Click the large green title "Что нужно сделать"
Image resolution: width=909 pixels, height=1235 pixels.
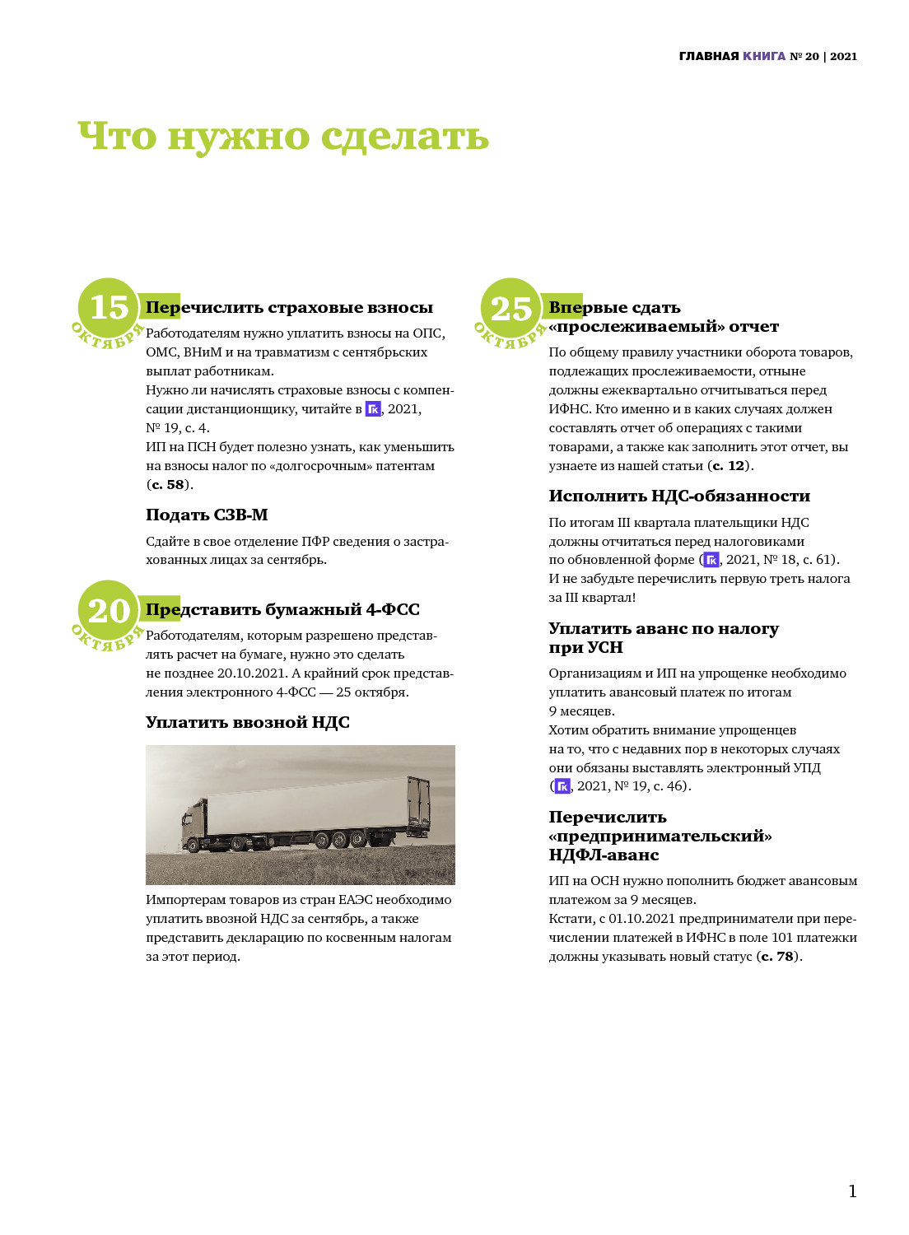point(283,137)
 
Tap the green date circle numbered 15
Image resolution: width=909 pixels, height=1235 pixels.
point(109,309)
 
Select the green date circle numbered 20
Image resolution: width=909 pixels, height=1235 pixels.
point(109,611)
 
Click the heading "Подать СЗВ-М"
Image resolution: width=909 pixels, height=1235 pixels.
point(207,515)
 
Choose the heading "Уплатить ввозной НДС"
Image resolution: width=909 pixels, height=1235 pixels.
point(247,723)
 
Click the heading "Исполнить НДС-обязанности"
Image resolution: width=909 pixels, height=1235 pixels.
point(679,496)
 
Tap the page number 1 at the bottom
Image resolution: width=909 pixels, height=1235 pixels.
point(852,1191)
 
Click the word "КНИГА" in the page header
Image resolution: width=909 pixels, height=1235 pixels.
point(764,57)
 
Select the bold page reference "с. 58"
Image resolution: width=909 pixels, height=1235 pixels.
point(168,485)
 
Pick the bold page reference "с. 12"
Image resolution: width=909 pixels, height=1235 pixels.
point(729,466)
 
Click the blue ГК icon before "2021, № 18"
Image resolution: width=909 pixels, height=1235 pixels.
point(711,560)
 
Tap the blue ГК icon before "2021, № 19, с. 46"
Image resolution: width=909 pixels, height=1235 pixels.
point(562,786)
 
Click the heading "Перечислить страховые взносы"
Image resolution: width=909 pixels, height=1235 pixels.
point(289,308)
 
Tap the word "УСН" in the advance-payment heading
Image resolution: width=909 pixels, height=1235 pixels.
point(605,648)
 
